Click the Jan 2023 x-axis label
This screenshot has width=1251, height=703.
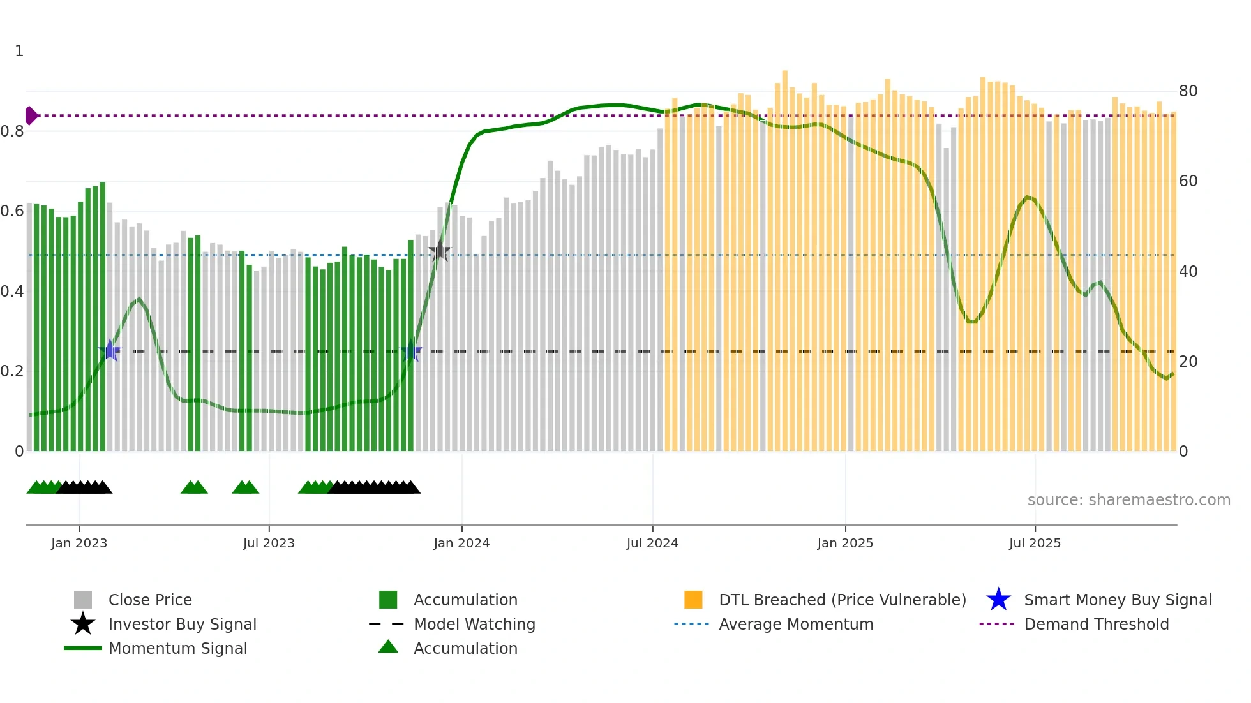(79, 543)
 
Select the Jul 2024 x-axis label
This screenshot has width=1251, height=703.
(652, 543)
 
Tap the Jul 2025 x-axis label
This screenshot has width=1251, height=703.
(1035, 543)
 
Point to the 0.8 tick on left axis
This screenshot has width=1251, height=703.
(12, 131)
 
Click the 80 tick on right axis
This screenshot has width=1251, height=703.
(1188, 91)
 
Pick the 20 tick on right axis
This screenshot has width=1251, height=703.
(1188, 362)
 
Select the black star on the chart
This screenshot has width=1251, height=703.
(440, 251)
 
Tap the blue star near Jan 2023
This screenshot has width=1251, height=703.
(110, 350)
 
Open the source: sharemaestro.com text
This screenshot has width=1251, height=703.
(1128, 500)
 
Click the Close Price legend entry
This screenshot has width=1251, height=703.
(150, 600)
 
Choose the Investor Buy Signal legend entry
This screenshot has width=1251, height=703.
(182, 624)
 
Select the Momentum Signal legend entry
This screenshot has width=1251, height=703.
(177, 648)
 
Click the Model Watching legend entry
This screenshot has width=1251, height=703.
(474, 624)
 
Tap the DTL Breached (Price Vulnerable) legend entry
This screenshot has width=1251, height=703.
(842, 600)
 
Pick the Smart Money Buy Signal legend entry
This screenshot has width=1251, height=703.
(1117, 600)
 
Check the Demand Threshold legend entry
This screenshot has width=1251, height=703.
(1096, 624)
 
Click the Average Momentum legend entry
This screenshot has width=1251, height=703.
(796, 624)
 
